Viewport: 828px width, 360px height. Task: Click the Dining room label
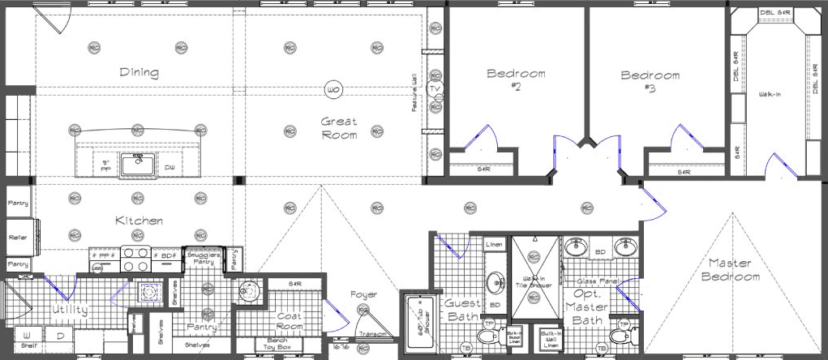pyautogui.click(x=139, y=72)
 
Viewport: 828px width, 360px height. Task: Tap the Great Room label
pyautogui.click(x=339, y=128)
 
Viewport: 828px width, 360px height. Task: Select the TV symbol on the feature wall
pyautogui.click(x=435, y=88)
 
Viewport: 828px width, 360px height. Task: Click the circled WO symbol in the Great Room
pyautogui.click(x=332, y=89)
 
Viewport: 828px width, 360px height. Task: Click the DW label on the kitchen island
pyautogui.click(x=169, y=168)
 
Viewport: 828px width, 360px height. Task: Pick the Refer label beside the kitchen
pyautogui.click(x=18, y=238)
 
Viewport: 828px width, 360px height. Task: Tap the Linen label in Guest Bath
pyautogui.click(x=494, y=244)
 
